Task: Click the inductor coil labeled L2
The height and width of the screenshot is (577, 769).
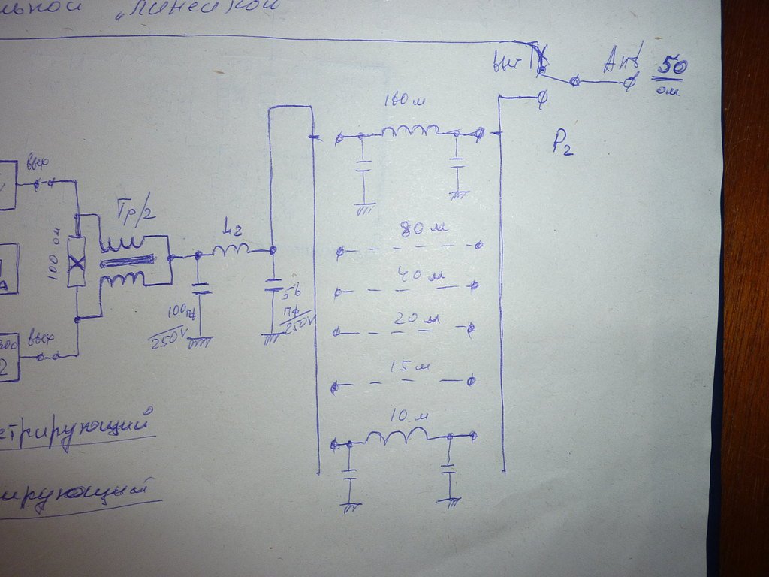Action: tap(229, 251)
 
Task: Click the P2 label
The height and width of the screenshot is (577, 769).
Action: tap(562, 142)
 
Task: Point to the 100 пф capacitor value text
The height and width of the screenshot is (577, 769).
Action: tap(180, 310)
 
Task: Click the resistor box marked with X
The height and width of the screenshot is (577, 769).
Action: tap(77, 262)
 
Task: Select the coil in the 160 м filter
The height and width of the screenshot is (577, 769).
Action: tap(410, 131)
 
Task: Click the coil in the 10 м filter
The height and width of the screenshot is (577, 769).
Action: tap(397, 437)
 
